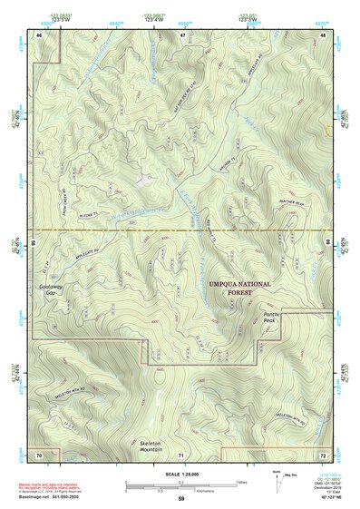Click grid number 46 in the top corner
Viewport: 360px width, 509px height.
pos(39,34)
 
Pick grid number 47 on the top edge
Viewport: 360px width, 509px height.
pos(181,34)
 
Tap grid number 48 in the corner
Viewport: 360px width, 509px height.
pos(323,34)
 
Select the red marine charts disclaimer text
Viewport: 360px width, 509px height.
pos(54,485)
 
